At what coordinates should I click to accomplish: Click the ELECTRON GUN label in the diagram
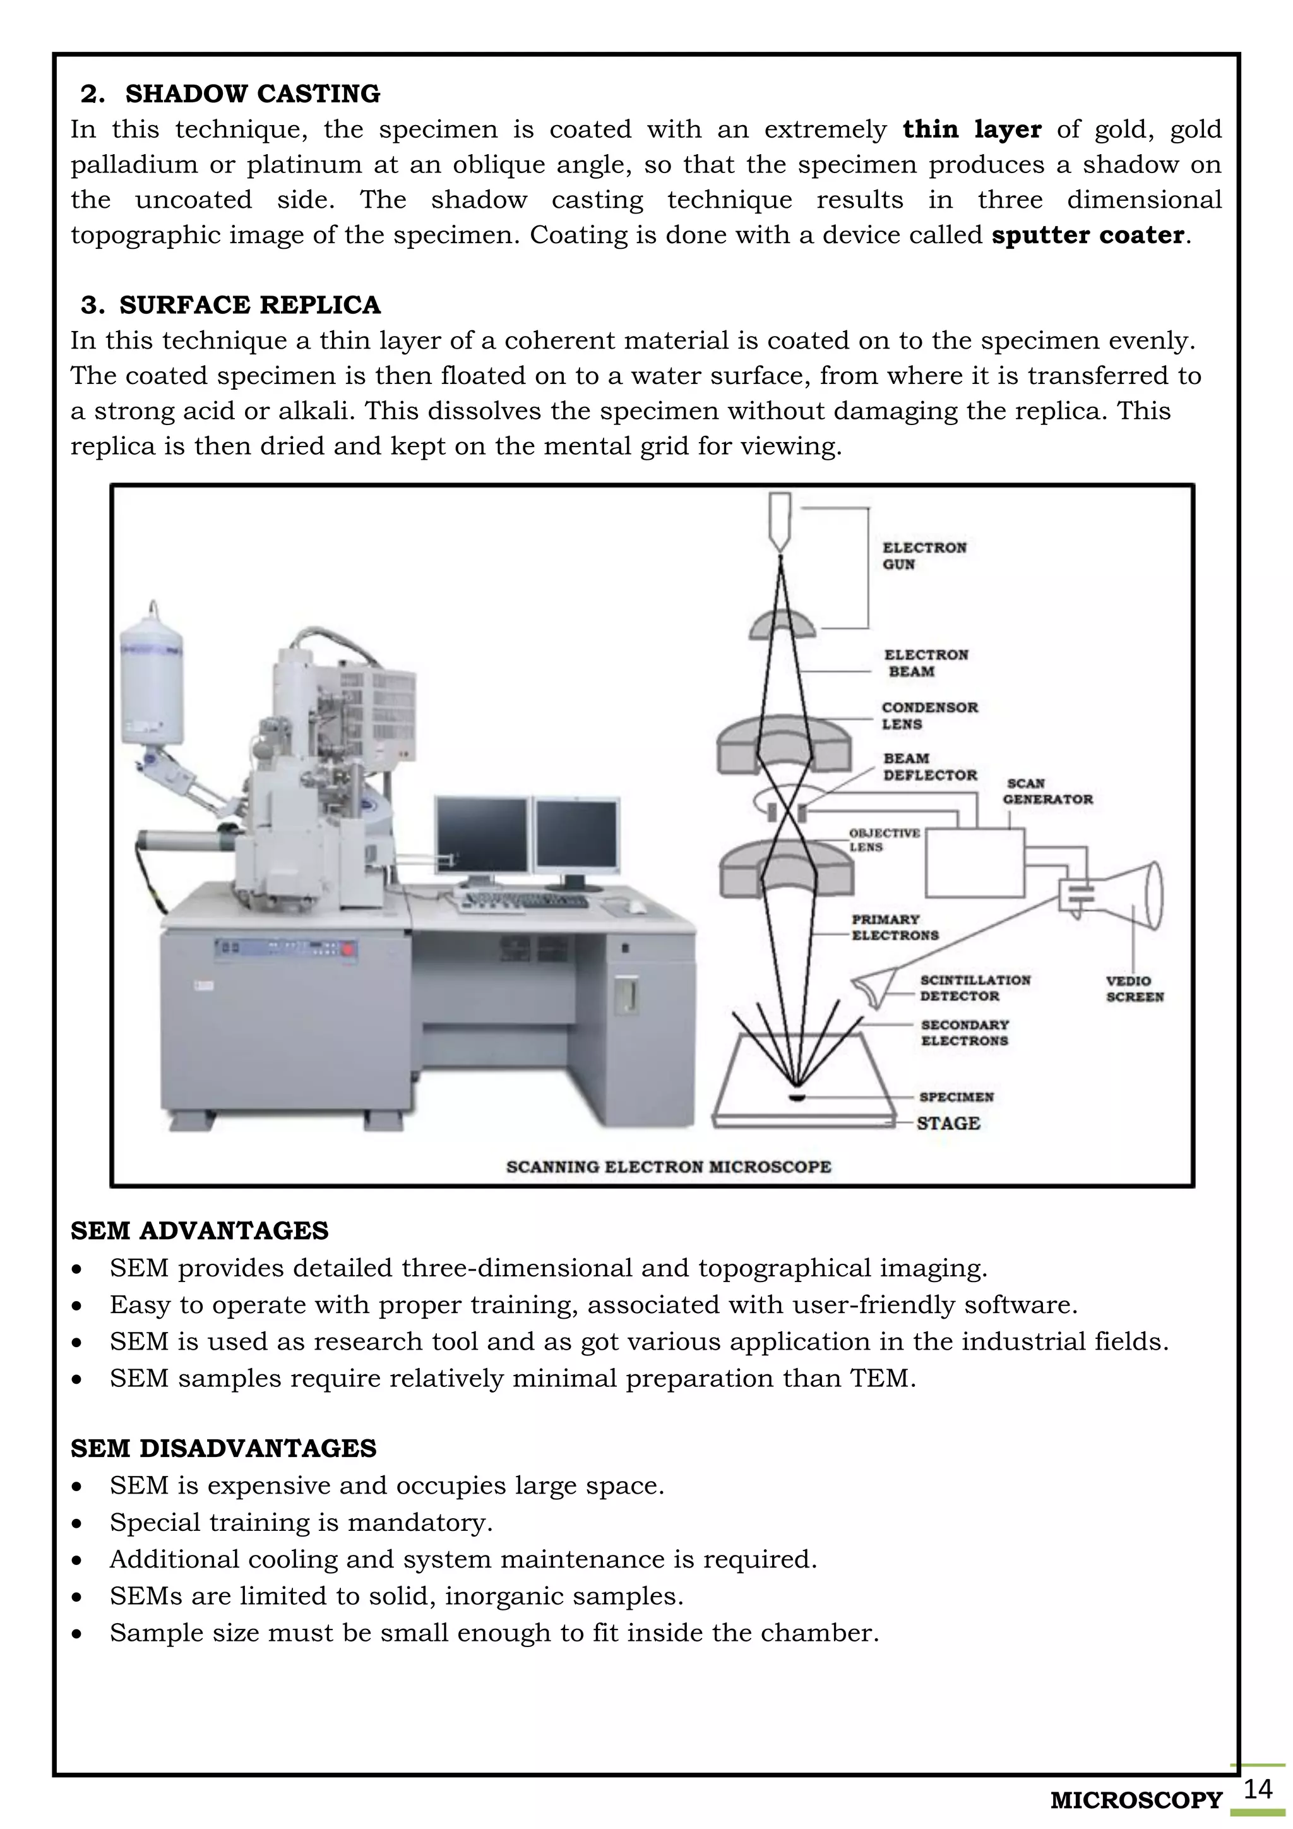pos(924,556)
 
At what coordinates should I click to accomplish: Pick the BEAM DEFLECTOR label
pos(929,766)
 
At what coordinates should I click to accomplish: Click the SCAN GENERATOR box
pos(975,863)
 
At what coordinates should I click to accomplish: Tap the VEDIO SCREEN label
pos(1134,988)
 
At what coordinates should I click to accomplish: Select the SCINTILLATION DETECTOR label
pos(975,988)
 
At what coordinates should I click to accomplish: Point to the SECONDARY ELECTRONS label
pos(964,1033)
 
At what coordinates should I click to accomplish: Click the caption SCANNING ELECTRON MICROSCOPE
pos(668,1167)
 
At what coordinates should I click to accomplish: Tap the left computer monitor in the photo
pos(482,836)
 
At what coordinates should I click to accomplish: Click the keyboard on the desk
pos(525,901)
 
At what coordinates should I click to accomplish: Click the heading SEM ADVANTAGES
pos(199,1231)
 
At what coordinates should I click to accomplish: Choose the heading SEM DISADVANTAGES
pos(223,1448)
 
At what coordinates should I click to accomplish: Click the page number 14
pos(1257,1789)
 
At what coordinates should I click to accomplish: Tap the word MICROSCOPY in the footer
pos(1135,1801)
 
